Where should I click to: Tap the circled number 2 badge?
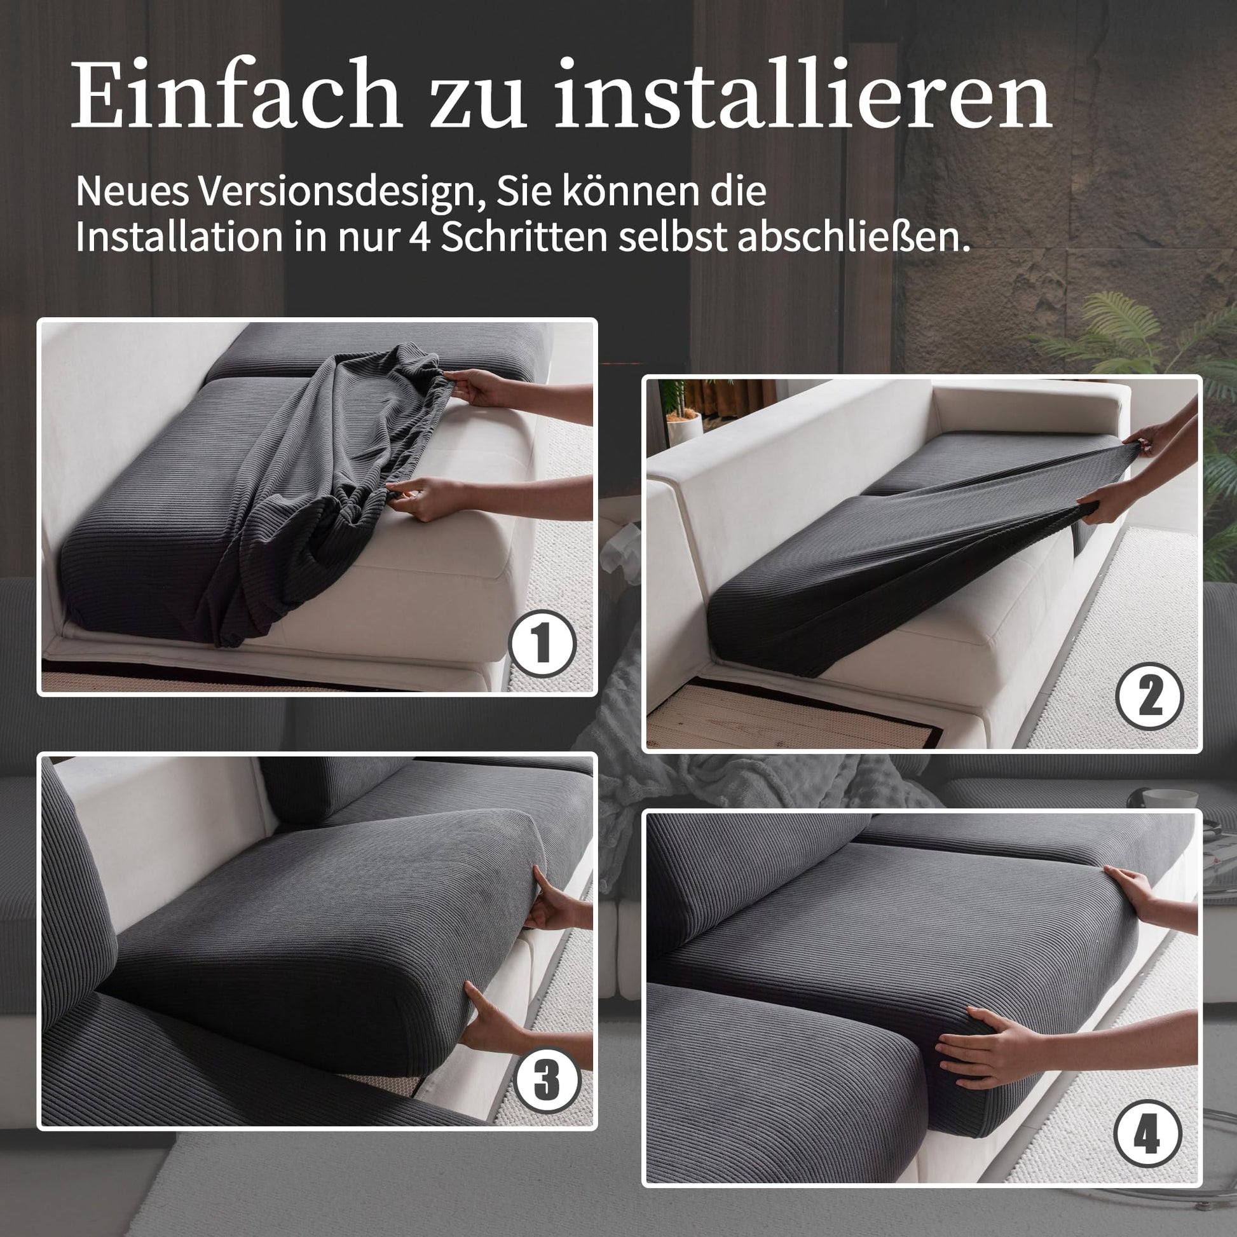point(1149,696)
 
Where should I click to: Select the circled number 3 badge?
point(547,1079)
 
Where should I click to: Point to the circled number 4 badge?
point(1148,1135)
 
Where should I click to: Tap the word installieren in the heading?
point(803,93)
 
